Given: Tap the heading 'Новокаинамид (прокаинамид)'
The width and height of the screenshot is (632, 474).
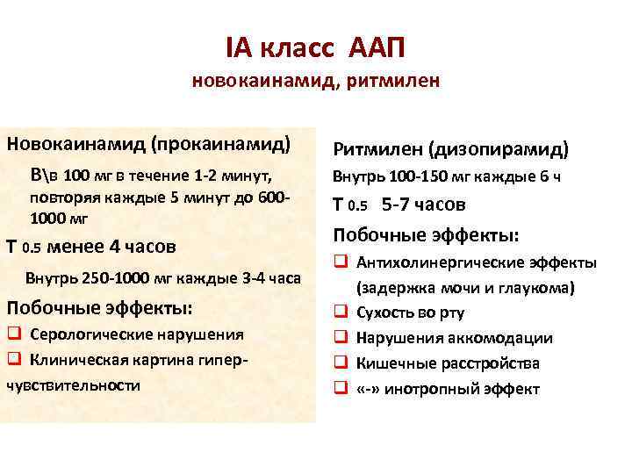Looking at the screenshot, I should click(148, 141).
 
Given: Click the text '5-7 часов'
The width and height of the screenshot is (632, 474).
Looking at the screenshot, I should click(424, 205).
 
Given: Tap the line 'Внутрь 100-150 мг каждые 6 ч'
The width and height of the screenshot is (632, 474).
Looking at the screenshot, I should click(445, 176).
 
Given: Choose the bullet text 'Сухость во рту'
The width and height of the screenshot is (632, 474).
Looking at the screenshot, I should click(410, 312).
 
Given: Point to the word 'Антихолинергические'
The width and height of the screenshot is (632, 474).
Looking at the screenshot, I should click(431, 262).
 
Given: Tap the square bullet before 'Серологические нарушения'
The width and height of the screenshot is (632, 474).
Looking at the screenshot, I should click(13, 334).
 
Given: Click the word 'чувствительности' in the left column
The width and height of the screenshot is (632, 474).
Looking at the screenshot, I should click(73, 384).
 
